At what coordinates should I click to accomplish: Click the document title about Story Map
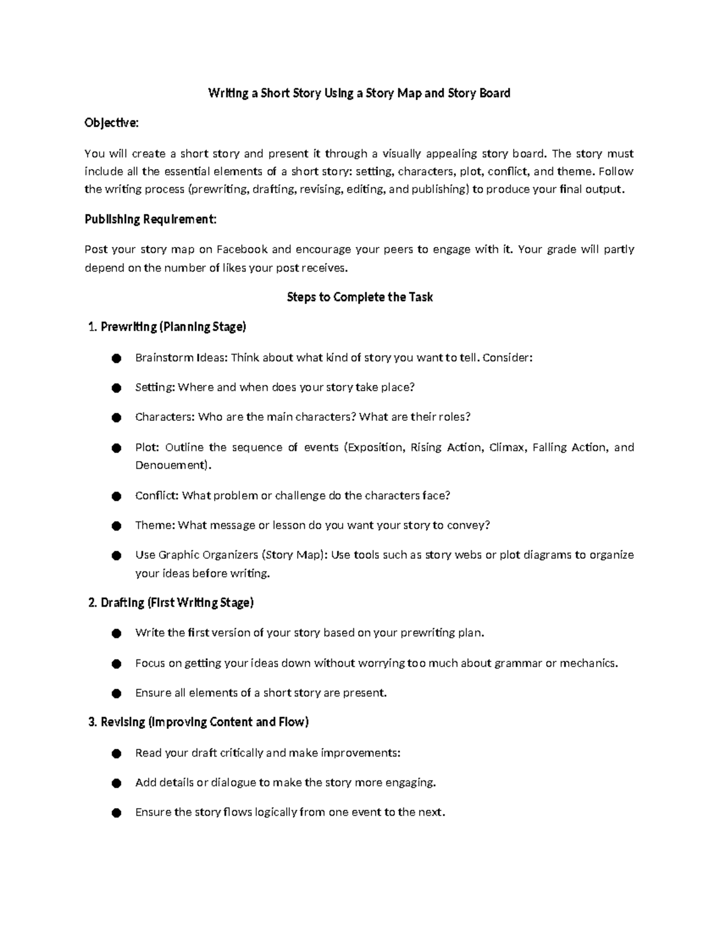359,93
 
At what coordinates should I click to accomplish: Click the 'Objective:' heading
112,123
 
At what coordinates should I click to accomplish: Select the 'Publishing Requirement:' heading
150,219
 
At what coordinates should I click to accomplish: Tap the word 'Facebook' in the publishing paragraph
242,249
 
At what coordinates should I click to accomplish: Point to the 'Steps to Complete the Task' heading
359,297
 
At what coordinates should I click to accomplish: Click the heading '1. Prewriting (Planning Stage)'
167,327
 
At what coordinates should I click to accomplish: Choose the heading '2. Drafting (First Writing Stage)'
171,602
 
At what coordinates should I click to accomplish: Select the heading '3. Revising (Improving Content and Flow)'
199,722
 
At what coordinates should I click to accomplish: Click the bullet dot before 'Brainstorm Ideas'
116,358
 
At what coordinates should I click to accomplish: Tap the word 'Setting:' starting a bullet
154,388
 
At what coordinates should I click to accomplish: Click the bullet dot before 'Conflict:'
116,496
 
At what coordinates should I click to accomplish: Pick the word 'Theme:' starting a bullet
154,526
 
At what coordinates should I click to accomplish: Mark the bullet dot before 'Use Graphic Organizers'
116,556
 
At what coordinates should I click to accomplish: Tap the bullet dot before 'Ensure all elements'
116,694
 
